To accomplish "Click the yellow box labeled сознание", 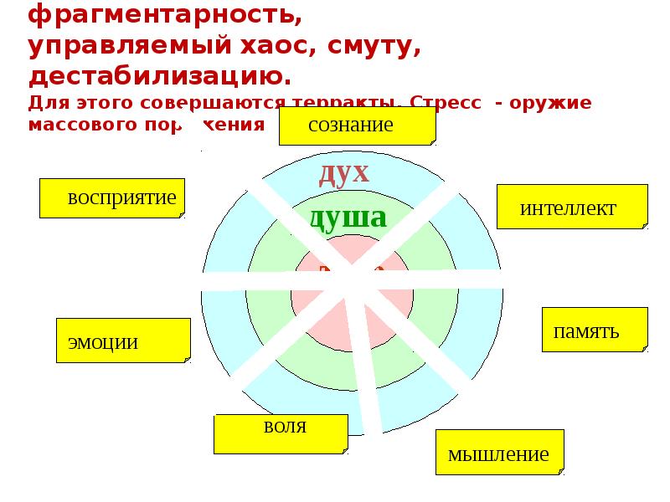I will point(357,126).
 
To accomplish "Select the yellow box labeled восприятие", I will point(112,198).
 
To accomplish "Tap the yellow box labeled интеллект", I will point(572,207).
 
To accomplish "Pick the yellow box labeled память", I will point(595,330).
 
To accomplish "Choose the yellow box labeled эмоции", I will point(123,341).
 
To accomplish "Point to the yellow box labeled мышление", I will point(500,453).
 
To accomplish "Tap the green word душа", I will point(348,218).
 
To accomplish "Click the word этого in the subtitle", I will point(105,104).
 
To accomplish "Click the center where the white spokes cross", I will point(349,285).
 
